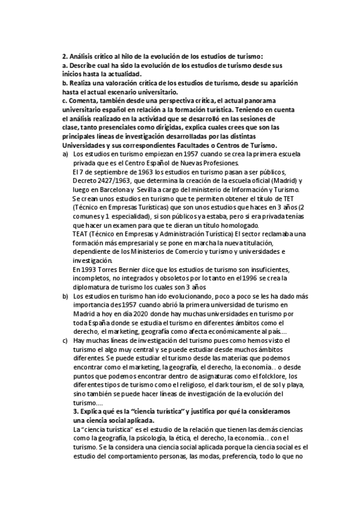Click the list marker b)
click(66, 296)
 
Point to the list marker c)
click(66, 340)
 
